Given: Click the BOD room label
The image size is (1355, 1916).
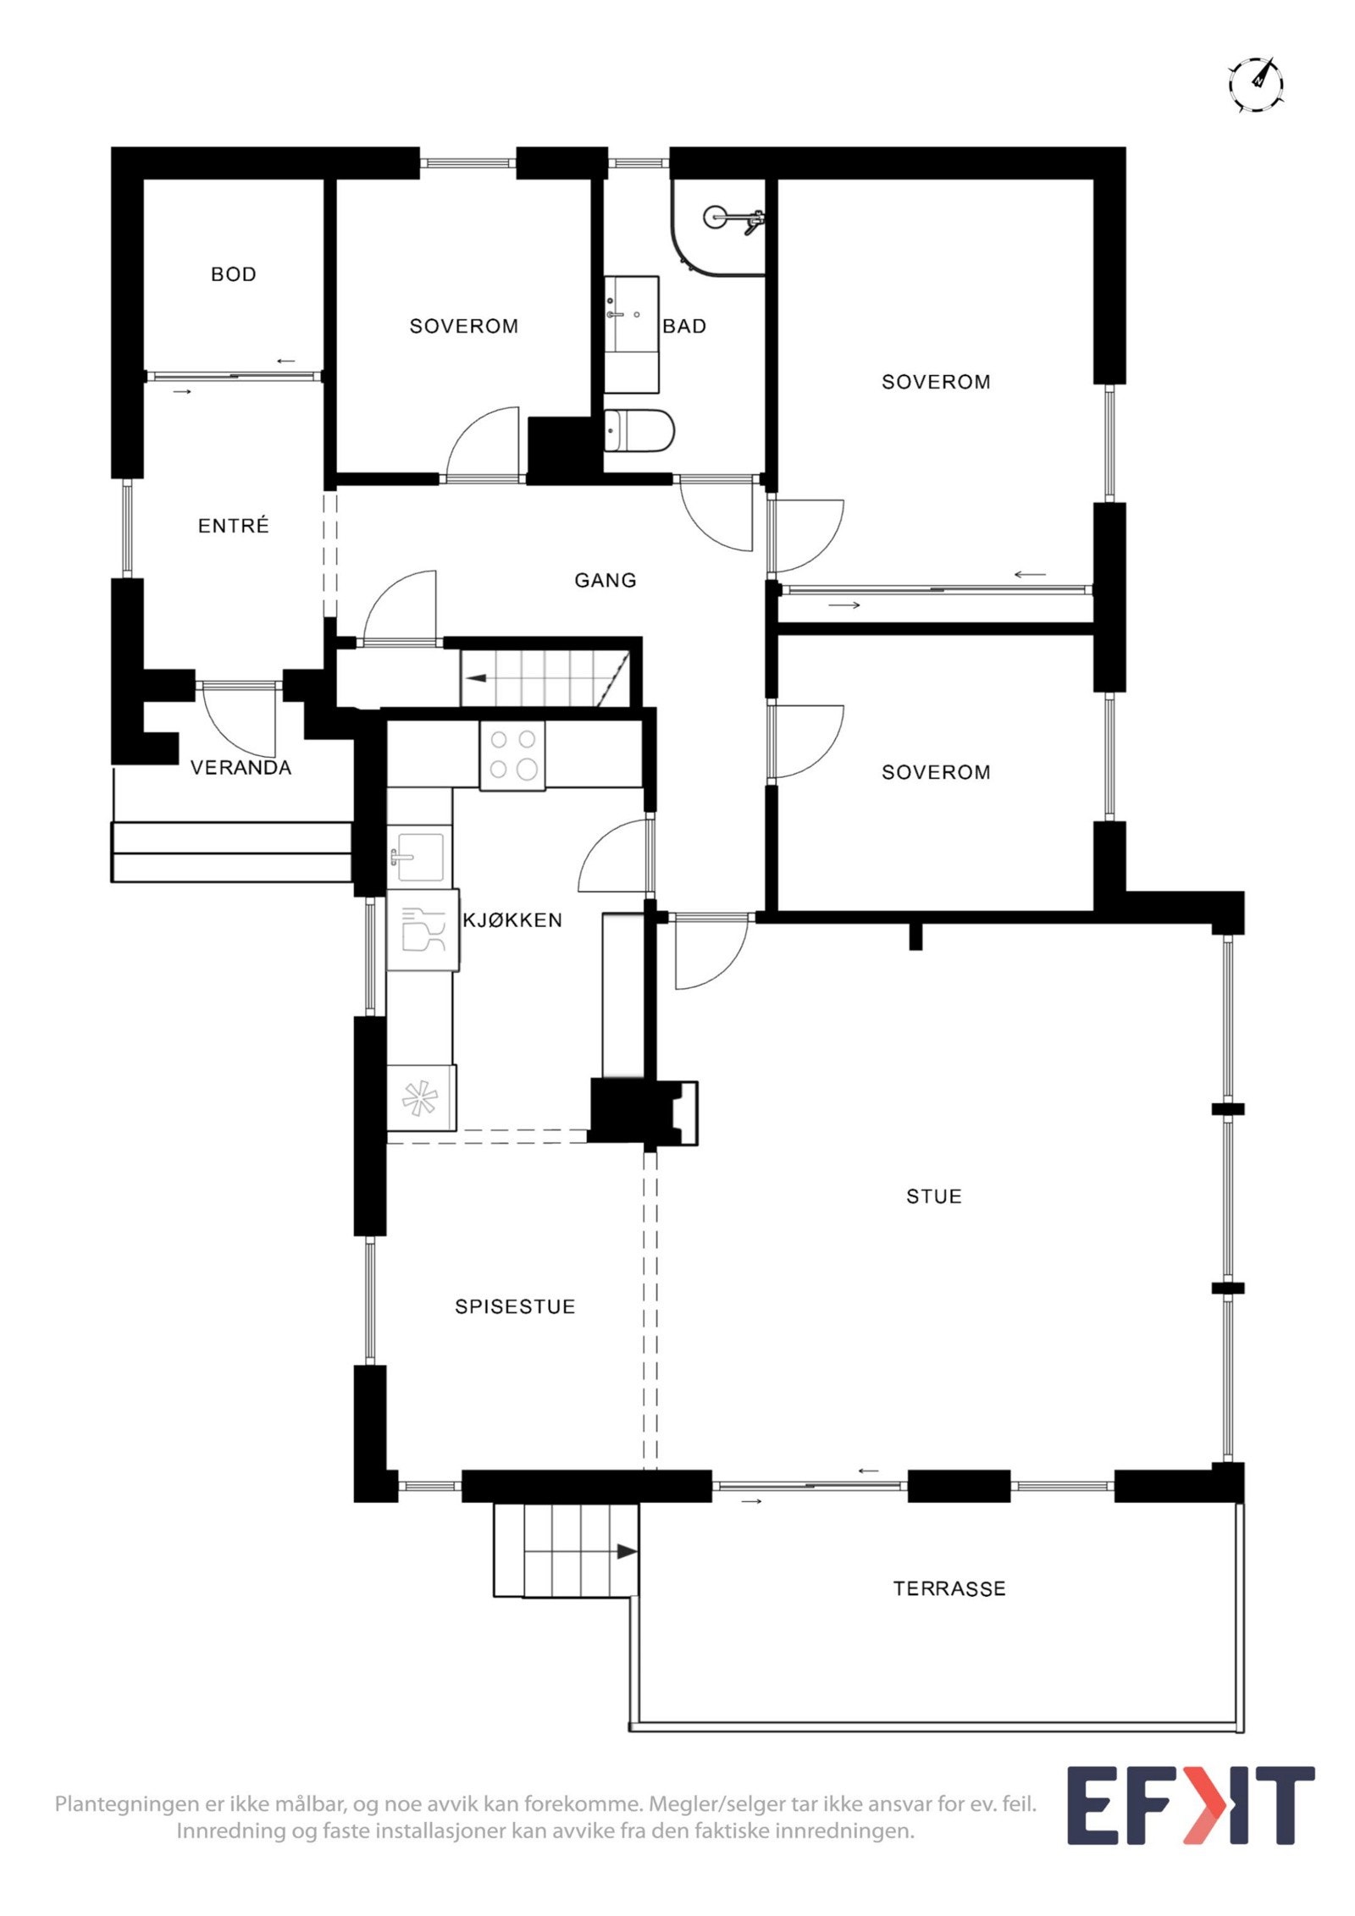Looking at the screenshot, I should point(233,274).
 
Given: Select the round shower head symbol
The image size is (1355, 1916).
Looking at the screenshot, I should point(715,217).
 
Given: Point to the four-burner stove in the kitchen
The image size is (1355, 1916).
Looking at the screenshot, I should point(512,754).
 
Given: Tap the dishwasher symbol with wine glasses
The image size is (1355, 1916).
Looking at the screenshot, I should point(423,929).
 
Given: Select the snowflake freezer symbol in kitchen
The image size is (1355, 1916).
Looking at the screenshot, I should point(420,1099).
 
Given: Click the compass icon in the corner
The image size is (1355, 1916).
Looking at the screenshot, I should point(1256,86).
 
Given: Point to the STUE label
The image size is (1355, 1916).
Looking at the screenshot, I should point(933,1196).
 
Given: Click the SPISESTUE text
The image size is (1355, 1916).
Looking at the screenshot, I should point(515,1306).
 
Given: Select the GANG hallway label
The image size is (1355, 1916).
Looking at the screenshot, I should point(605,581).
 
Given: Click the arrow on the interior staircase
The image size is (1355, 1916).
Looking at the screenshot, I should point(477,678).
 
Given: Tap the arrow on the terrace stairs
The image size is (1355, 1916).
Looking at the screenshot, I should point(625,1552).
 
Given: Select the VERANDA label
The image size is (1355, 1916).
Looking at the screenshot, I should point(241,768).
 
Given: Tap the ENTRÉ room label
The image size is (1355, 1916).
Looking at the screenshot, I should point(233,526).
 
